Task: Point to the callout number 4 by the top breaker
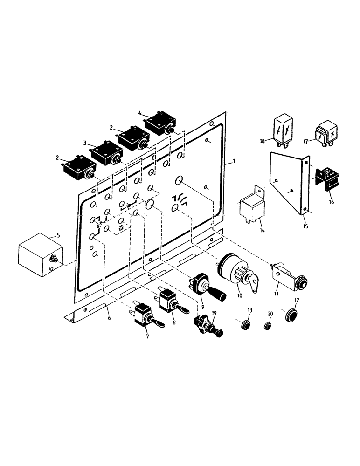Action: pos(139,112)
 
